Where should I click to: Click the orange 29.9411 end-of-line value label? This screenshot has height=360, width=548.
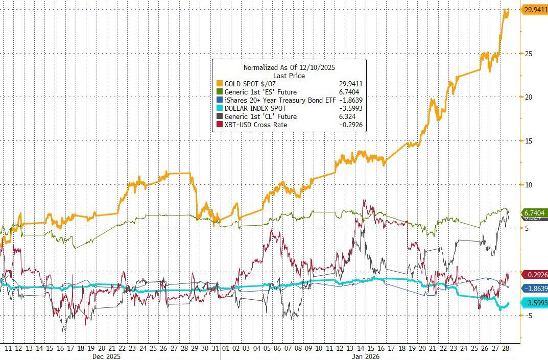click(x=534, y=9)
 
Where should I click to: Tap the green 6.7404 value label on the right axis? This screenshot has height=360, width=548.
click(x=534, y=212)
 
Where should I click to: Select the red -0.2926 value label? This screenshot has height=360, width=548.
click(x=534, y=274)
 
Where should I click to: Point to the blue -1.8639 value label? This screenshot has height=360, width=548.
click(x=534, y=289)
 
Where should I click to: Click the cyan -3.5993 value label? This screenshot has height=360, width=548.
click(x=534, y=303)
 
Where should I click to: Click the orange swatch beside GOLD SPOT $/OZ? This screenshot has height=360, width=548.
click(x=220, y=84)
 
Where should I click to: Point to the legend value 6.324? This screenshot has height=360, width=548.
click(x=348, y=116)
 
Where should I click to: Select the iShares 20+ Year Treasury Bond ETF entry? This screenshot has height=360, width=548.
click(x=276, y=100)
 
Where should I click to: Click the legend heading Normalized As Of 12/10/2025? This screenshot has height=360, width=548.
click(x=289, y=67)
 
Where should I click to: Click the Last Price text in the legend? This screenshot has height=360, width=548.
click(x=289, y=76)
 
